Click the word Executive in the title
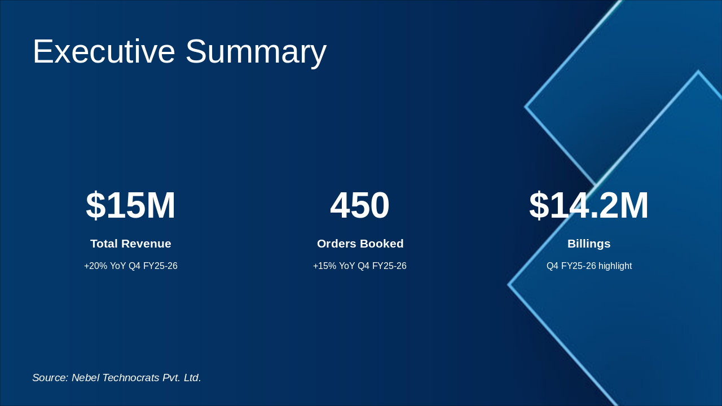(104, 51)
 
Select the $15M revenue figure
(130, 205)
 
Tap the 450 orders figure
(360, 205)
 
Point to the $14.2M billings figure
(589, 205)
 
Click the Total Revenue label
(130, 244)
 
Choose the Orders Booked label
(360, 244)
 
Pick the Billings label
(589, 244)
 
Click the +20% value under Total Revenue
(95, 266)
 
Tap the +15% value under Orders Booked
(324, 266)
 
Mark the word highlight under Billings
(615, 266)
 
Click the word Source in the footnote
(50, 378)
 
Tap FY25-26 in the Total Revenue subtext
(160, 266)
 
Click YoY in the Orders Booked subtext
(347, 266)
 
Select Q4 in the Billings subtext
(552, 266)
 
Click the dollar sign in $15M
(96, 205)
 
